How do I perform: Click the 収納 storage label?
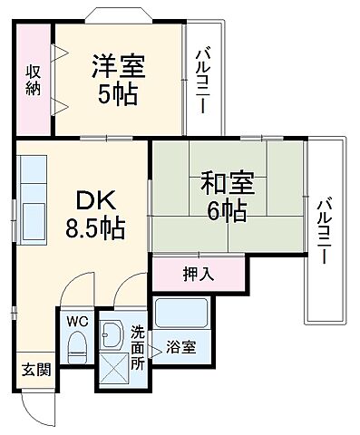33,80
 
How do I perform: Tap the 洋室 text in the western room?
119,66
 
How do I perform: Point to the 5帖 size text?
119,93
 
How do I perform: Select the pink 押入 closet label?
198,273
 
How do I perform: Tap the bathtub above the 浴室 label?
181,314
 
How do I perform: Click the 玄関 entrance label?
37,369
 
